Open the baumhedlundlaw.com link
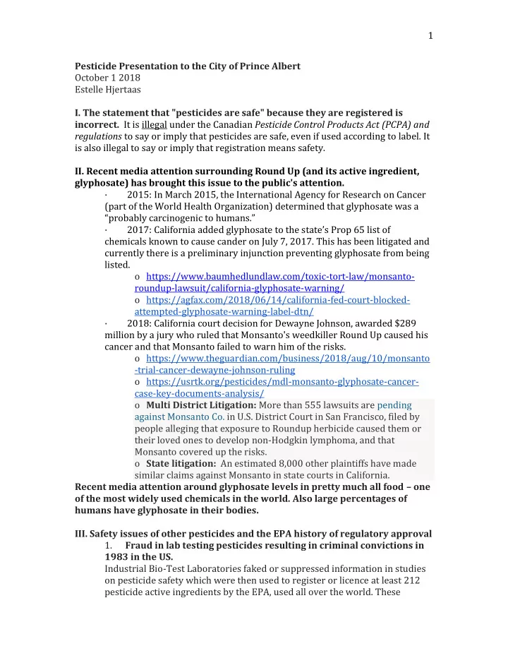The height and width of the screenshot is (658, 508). pos(279,278)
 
